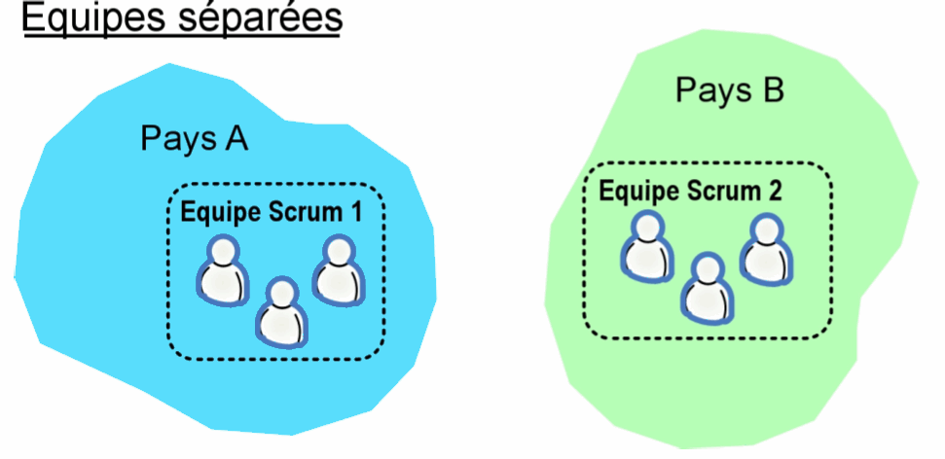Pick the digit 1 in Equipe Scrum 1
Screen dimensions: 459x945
355,210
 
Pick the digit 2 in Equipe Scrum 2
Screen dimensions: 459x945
773,190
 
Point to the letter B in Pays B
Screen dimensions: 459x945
770,90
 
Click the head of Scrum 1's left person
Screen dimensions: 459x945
225,251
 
